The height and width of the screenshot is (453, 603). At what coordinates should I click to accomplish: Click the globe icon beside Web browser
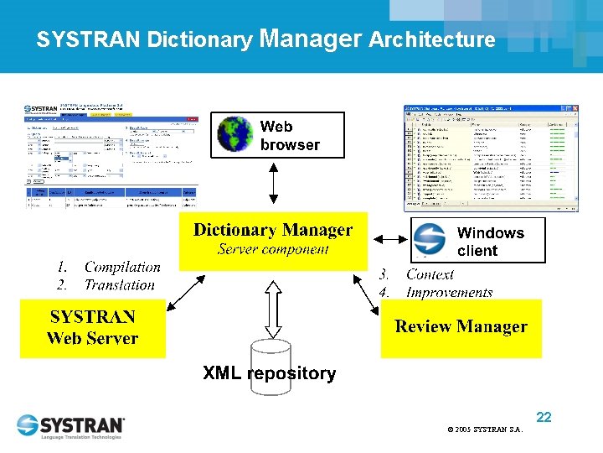(235, 134)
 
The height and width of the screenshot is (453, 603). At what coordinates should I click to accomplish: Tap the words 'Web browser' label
(289, 135)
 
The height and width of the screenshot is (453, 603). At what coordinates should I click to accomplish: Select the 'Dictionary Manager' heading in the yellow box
(273, 230)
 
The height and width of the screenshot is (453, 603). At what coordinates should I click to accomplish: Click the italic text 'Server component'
(273, 249)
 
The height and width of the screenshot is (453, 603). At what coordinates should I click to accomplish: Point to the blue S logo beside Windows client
(430, 241)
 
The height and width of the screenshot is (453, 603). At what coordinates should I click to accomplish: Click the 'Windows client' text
(490, 242)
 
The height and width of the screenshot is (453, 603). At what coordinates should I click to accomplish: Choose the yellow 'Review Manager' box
(461, 328)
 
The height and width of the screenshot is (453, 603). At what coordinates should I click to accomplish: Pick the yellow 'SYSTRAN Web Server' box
(92, 328)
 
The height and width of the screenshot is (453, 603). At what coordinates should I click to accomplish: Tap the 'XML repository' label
(269, 373)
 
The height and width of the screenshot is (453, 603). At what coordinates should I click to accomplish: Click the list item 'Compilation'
(122, 268)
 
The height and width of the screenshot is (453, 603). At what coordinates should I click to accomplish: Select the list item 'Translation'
(120, 285)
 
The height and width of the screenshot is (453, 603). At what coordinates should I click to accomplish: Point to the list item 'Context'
(430, 274)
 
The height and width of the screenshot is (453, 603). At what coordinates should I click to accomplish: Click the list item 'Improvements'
(449, 292)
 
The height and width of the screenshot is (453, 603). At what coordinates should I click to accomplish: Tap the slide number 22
(544, 417)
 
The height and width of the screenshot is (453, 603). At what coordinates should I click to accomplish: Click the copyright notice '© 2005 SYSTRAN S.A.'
(485, 430)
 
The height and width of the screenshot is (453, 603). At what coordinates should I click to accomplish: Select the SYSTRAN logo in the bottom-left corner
(71, 426)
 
